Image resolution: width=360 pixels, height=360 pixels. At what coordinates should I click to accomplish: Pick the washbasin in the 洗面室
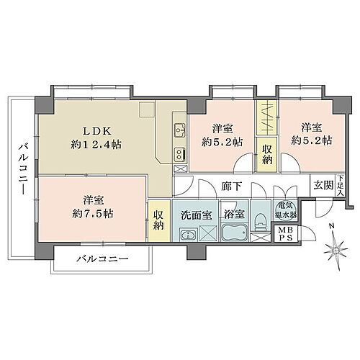coord(187,234)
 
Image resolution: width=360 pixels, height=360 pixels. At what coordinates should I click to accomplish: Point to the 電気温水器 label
coord(286,210)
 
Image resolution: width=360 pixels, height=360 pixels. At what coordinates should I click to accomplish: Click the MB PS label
coord(285,233)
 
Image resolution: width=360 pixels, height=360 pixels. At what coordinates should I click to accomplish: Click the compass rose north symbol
coord(333,251)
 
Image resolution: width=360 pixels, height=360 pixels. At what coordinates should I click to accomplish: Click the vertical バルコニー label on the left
coord(22,166)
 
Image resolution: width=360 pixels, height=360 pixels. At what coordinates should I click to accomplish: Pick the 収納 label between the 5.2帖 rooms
coord(266,153)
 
